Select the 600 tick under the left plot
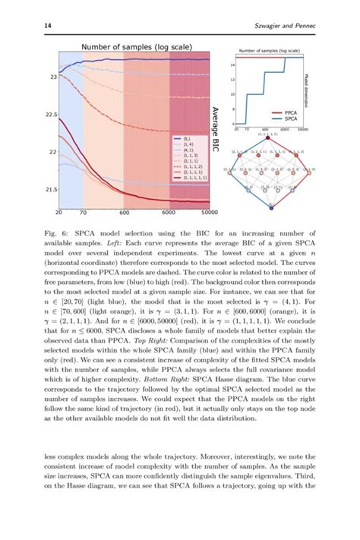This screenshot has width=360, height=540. [x=124, y=213]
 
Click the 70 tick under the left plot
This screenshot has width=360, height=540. [x=81, y=213]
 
